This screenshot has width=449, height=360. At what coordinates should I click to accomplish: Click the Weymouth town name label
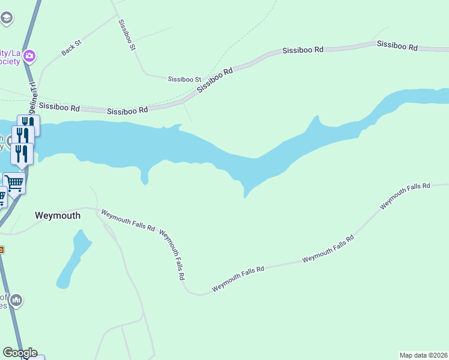click(58, 215)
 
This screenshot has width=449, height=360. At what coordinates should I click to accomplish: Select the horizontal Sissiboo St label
click(184, 79)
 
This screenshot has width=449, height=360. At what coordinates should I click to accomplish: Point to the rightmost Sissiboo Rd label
click(397, 45)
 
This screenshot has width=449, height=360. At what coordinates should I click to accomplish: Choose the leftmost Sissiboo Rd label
click(59, 107)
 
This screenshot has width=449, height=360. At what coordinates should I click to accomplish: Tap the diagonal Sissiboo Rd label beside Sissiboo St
click(214, 79)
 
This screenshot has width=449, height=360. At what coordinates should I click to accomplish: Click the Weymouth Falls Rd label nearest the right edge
click(405, 196)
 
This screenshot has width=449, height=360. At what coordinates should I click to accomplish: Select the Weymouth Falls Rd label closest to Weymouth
click(128, 221)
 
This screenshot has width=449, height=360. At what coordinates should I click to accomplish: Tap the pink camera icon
click(29, 57)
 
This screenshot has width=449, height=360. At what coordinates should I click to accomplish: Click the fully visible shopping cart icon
click(14, 182)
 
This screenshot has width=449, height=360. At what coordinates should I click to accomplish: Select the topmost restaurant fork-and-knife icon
click(28, 124)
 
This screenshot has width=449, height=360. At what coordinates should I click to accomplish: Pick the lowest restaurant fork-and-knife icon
click(22, 154)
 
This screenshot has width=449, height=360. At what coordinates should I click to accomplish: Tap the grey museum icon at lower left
click(16, 299)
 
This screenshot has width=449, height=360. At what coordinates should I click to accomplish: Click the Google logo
click(20, 353)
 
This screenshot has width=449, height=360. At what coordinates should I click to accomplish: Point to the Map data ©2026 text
click(424, 355)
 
